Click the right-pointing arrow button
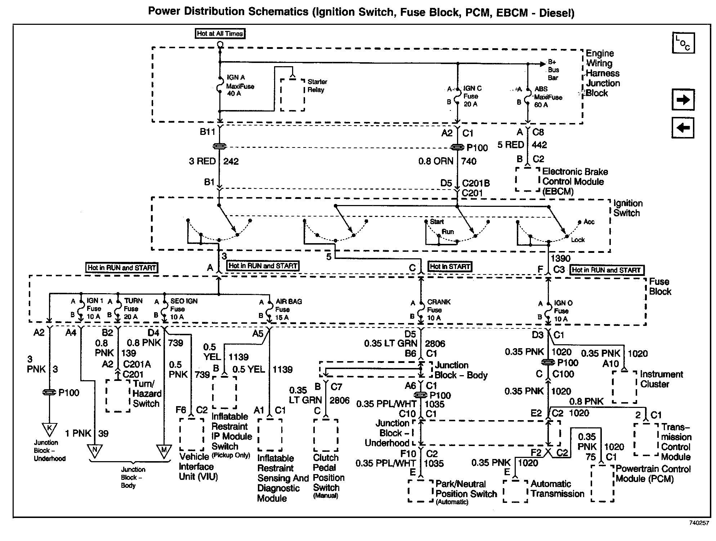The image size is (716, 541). click(x=683, y=100)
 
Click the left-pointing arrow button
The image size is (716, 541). click(x=683, y=128)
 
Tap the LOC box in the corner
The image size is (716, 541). click(x=683, y=43)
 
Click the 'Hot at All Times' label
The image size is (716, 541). click(x=220, y=34)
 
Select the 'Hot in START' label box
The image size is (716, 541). click(x=450, y=267)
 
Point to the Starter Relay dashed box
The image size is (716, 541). click(x=292, y=95)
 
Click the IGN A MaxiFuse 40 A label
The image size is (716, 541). click(x=240, y=86)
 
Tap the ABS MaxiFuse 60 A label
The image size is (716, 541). click(x=547, y=97)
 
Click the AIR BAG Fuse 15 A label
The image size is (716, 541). click(x=288, y=309)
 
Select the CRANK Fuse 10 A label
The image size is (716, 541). click(x=438, y=310)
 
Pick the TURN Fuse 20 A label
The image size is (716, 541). click(x=133, y=309)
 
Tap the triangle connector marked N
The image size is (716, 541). click(x=95, y=450)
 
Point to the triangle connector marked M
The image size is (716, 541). click(x=164, y=450)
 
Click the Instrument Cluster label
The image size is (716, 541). click(x=661, y=379)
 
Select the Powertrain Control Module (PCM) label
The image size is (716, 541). click(x=653, y=474)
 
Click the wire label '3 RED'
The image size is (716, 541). click(x=202, y=161)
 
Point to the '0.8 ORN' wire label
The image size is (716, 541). click(x=435, y=161)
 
